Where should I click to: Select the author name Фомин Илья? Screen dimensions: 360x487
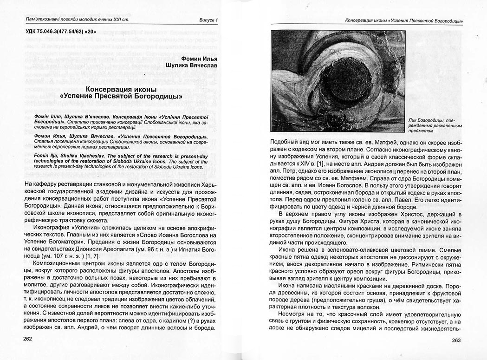[x=198, y=59]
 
